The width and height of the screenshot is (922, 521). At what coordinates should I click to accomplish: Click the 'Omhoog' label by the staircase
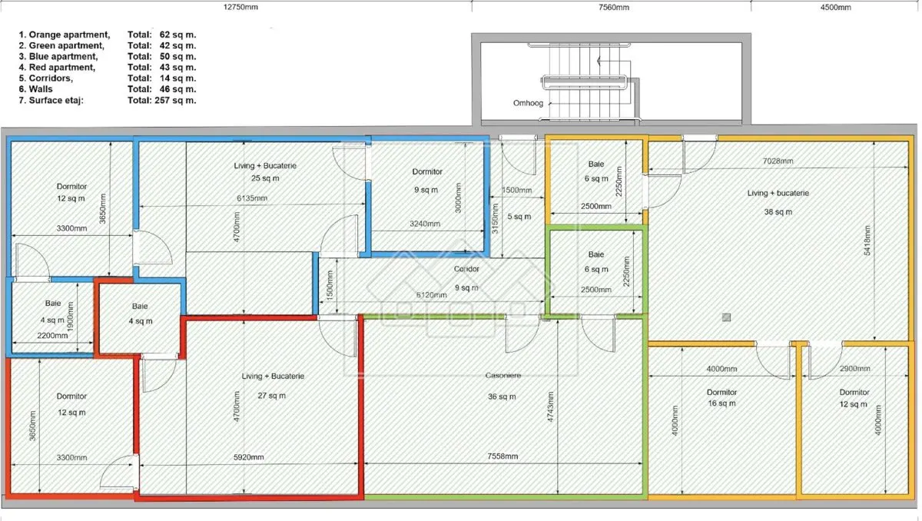[528, 103]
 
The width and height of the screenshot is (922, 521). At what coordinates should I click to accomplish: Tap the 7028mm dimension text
[778, 161]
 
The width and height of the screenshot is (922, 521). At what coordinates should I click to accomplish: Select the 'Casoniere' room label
[503, 375]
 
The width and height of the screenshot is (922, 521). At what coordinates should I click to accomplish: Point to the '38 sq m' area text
[778, 212]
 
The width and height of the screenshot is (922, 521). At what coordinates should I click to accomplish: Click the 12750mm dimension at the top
[240, 7]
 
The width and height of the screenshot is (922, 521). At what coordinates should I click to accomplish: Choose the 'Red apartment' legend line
[57, 67]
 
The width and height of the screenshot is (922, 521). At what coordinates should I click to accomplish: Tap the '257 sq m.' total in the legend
[175, 100]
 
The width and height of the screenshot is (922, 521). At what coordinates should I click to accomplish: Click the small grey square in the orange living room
[727, 317]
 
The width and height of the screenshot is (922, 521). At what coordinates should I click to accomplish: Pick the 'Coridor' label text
[466, 269]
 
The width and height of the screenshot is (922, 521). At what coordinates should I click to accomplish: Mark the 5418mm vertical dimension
[867, 241]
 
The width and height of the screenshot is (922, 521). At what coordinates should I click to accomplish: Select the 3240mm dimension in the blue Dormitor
[425, 224]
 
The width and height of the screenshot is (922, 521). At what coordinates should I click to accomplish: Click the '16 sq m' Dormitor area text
[721, 403]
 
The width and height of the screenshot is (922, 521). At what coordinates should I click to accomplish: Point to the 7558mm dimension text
[502, 456]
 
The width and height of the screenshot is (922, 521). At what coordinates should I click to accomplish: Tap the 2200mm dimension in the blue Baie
[52, 335]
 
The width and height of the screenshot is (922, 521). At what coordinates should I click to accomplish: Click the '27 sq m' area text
[272, 396]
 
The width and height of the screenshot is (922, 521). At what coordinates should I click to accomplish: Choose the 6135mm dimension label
[252, 198]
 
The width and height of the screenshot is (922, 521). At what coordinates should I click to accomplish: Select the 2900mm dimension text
[855, 368]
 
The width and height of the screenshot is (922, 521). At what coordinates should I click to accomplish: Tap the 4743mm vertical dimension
[550, 407]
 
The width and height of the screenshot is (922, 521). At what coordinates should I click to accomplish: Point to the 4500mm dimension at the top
[836, 7]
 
